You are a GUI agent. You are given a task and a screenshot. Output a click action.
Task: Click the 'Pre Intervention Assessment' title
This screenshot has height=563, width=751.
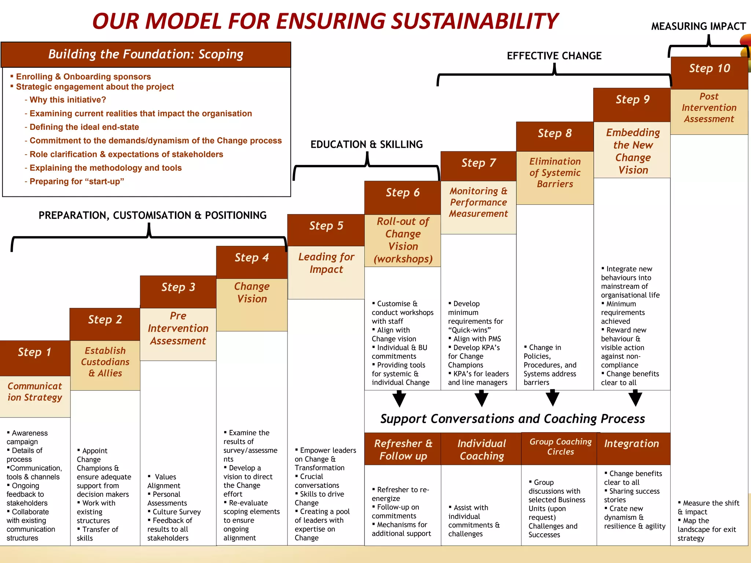point(178,328)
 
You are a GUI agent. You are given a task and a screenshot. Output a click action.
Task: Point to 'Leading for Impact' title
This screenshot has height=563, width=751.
point(326,263)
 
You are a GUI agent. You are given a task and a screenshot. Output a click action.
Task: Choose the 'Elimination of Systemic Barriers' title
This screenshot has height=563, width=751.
point(555,173)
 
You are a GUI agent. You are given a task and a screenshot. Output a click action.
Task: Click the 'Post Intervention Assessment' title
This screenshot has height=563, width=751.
point(709,108)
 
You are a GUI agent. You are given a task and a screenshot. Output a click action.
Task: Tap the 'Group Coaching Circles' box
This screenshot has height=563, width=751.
point(560,447)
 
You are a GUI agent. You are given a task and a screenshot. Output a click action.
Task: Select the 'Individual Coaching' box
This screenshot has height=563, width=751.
point(481,449)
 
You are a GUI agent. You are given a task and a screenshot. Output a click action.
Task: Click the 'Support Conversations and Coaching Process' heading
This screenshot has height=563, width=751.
point(512,419)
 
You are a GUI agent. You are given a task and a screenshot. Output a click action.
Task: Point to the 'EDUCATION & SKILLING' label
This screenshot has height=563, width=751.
point(366,144)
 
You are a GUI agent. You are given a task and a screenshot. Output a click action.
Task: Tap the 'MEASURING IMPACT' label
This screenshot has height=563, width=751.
point(698,27)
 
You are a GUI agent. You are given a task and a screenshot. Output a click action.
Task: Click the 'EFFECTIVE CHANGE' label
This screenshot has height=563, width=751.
point(554,56)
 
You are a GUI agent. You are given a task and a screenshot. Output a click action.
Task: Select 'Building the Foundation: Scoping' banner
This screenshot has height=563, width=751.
point(146,54)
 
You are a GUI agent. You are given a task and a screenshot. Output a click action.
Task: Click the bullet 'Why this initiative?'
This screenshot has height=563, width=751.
point(67,100)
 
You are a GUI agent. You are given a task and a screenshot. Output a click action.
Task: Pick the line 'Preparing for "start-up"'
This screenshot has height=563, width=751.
point(77,181)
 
